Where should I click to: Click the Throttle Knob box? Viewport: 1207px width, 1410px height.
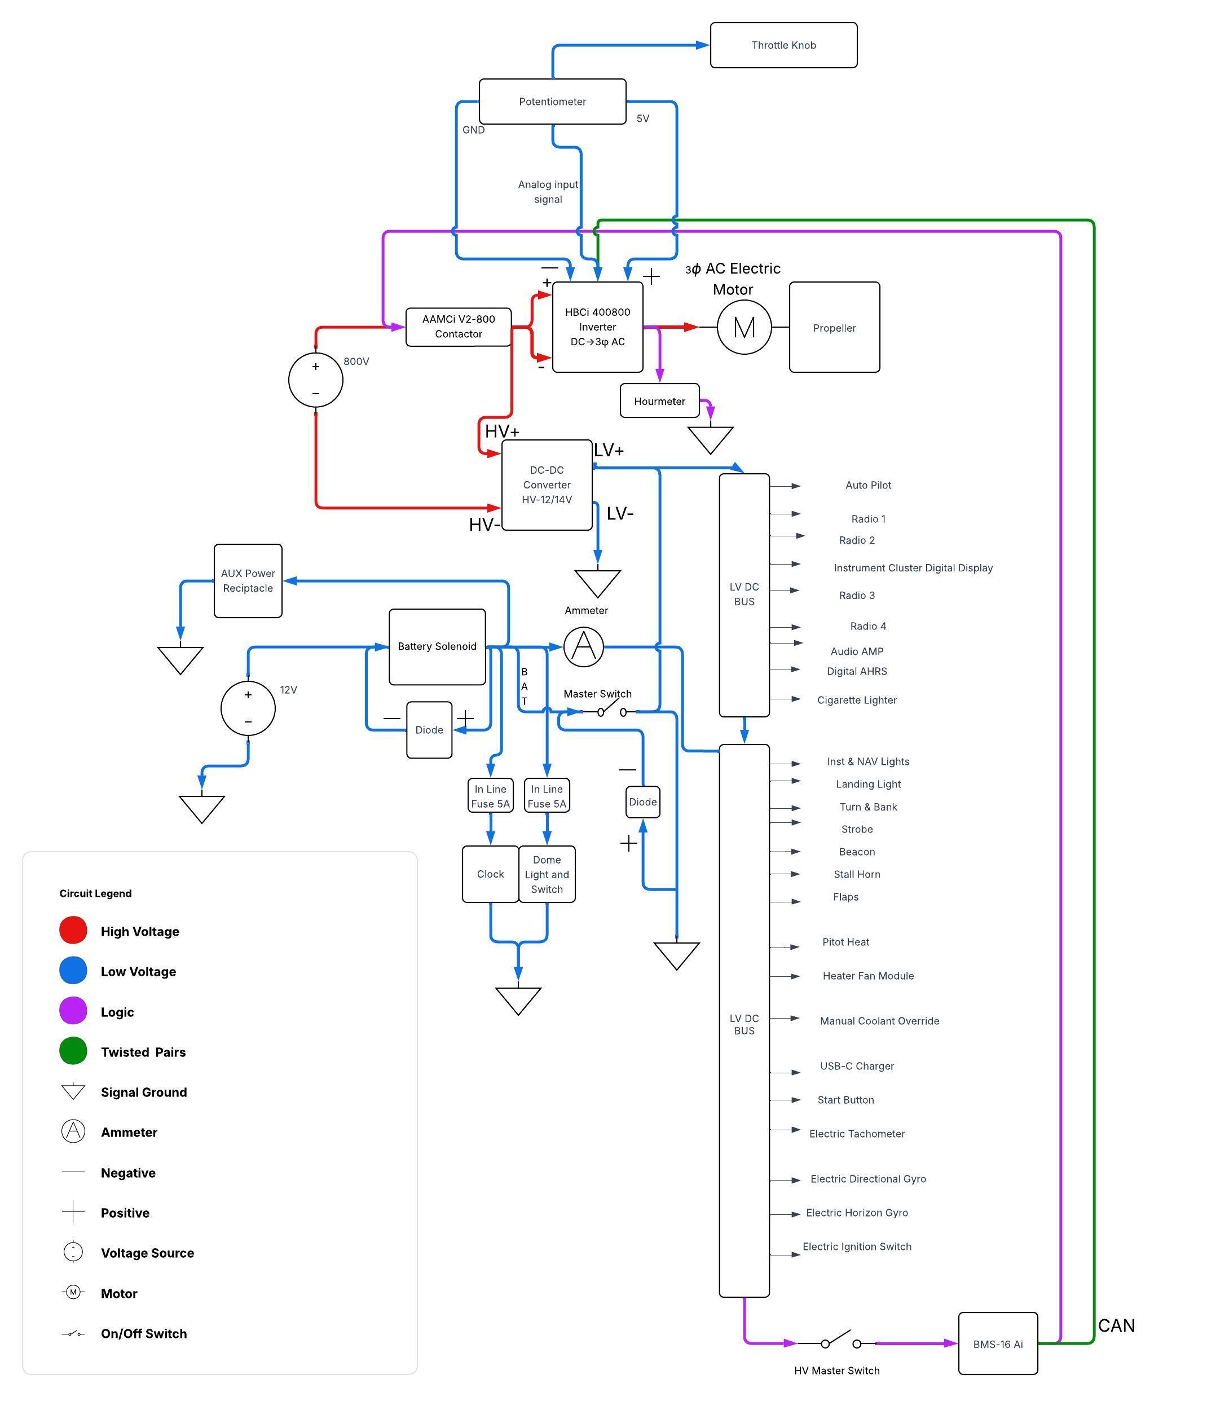783,45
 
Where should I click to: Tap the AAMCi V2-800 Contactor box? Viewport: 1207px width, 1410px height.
458,327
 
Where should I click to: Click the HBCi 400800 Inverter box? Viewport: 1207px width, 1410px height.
597,327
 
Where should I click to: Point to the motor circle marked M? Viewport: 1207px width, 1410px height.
744,327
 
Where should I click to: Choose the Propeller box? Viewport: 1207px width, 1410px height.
834,327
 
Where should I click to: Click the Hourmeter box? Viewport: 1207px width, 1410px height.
659,401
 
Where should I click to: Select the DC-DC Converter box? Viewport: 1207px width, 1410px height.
547,484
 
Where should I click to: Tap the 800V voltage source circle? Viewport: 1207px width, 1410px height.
315,380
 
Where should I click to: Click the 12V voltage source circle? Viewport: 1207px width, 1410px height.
248,708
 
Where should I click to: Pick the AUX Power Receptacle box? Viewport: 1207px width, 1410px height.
248,580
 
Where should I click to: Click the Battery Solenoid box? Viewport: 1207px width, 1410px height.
437,646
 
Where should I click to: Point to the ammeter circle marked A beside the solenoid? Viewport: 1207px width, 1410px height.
583,646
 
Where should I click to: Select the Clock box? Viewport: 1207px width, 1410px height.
490,874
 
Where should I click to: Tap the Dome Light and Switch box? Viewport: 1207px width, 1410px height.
547,874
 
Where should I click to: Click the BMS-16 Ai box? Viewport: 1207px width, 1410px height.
997,1344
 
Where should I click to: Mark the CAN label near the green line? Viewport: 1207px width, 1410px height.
1116,1325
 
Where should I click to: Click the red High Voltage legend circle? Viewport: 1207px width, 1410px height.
73,930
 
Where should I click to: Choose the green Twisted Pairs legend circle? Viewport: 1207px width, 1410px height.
73,1051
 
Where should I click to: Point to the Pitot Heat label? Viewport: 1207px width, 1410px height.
845,942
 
